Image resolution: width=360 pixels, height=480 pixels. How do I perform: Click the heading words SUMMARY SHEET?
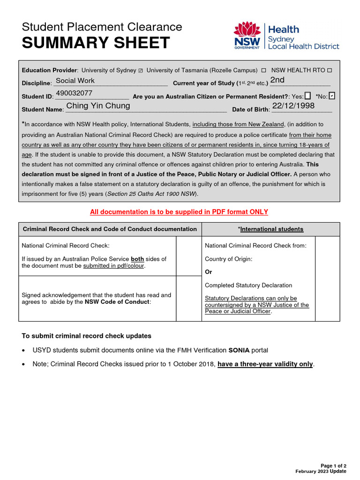tap(96, 43)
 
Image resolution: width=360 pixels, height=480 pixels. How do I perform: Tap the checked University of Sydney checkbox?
tap(141, 70)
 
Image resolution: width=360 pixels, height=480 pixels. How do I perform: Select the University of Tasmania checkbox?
tap(263, 70)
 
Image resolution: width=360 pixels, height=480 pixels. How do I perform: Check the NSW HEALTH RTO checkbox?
tap(329, 70)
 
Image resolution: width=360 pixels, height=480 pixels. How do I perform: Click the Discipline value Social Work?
tap(75, 81)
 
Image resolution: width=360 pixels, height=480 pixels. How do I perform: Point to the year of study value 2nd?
tap(277, 80)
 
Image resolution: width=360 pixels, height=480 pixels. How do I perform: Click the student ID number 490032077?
tap(74, 93)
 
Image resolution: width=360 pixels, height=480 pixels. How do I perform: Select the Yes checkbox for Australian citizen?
tap(307, 96)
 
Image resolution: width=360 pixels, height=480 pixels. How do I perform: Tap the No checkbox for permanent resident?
tap(332, 96)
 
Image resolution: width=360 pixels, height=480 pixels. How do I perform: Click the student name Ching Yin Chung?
tap(98, 106)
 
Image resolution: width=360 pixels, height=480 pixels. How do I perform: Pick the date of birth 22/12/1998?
tap(293, 106)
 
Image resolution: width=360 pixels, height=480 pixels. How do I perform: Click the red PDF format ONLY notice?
tap(179, 212)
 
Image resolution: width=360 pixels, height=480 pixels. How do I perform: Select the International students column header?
tap(270, 229)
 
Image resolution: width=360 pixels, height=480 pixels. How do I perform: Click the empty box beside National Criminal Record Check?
tap(188, 256)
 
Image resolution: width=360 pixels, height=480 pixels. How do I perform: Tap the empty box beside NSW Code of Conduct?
tap(188, 299)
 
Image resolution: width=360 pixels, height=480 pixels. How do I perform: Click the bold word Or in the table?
tap(209, 272)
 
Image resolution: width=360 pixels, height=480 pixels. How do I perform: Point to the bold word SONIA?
tap(239, 350)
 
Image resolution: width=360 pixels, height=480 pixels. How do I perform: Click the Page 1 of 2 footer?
tap(333, 465)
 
